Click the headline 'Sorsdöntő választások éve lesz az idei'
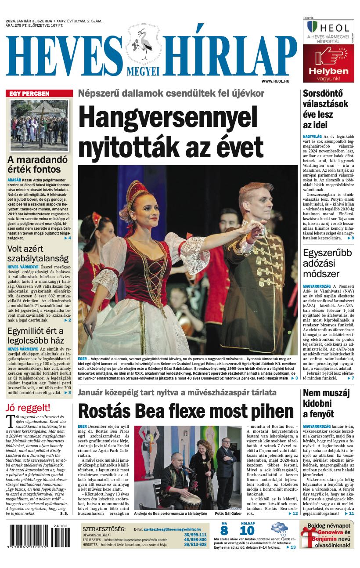(x=325, y=109)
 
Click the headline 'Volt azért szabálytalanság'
(x=38, y=253)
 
